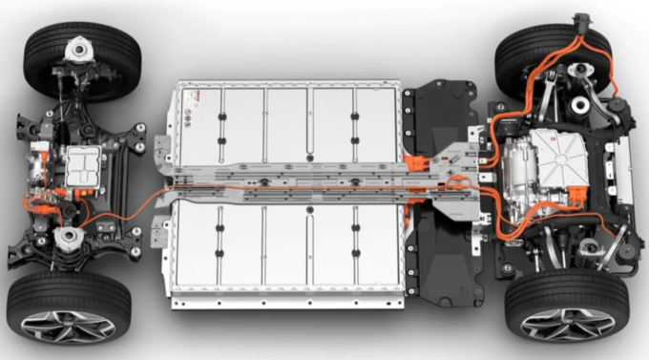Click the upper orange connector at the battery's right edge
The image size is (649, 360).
click(416, 161)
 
